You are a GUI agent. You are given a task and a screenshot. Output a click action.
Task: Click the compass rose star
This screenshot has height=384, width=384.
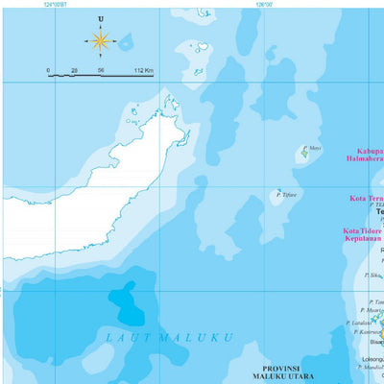tap(101, 40)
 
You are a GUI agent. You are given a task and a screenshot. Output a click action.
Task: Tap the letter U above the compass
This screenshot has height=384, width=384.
tap(101, 18)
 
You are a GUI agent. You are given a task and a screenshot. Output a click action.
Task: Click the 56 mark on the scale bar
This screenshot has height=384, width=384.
tap(101, 70)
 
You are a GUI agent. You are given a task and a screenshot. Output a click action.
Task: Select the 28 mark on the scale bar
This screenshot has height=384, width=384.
tap(74, 70)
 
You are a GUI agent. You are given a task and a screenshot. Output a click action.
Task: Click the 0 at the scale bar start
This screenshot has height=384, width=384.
tap(49, 70)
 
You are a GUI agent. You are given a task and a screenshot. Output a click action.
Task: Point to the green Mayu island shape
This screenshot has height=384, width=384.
tap(304, 152)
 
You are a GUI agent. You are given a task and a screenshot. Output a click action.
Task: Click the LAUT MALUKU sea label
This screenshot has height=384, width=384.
tap(169, 337)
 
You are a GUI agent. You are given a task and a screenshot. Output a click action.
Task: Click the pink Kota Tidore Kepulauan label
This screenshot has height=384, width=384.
tap(363, 236)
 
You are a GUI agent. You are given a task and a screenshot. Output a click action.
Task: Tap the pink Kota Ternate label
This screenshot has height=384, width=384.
tap(366, 200)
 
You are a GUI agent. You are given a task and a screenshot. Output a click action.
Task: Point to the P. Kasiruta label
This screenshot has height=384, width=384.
tap(366, 332)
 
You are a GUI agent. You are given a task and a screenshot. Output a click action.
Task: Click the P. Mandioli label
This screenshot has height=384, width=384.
tap(370, 367)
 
